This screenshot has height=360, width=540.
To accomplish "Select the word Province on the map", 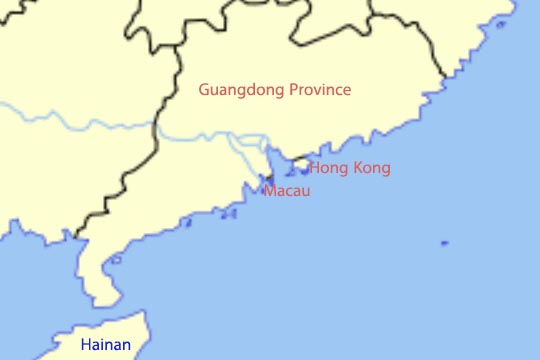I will [319, 90].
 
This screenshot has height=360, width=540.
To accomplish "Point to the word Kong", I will [371, 168].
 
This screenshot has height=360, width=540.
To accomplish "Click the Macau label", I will [287, 190].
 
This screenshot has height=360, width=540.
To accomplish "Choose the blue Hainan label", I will [105, 345].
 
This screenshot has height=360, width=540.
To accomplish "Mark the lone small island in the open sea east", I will [444, 243].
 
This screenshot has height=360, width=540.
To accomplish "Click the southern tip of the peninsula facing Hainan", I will [99, 301].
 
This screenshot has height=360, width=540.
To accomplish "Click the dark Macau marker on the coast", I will [268, 178].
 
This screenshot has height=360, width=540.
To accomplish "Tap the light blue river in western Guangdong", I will [80, 124].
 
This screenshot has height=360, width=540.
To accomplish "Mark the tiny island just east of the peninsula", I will [116, 260].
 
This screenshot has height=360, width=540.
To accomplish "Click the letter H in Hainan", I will [85, 345].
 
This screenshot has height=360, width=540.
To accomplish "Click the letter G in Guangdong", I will [204, 90].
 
